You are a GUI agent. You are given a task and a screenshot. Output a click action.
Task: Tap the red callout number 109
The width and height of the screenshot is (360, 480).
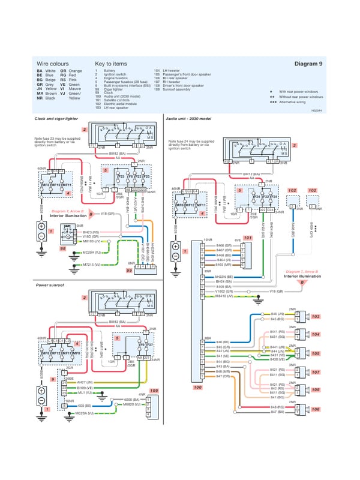[x=154, y=391]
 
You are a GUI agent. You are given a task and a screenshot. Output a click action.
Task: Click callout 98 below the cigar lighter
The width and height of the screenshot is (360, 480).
[x=62, y=248]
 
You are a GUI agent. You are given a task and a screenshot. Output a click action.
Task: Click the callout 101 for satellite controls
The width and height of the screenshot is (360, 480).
[x=248, y=238]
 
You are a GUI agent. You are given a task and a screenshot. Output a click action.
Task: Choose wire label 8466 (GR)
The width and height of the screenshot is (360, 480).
[x=223, y=245]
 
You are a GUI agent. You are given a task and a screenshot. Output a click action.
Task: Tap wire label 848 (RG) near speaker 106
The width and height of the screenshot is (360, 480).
[x=277, y=407]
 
